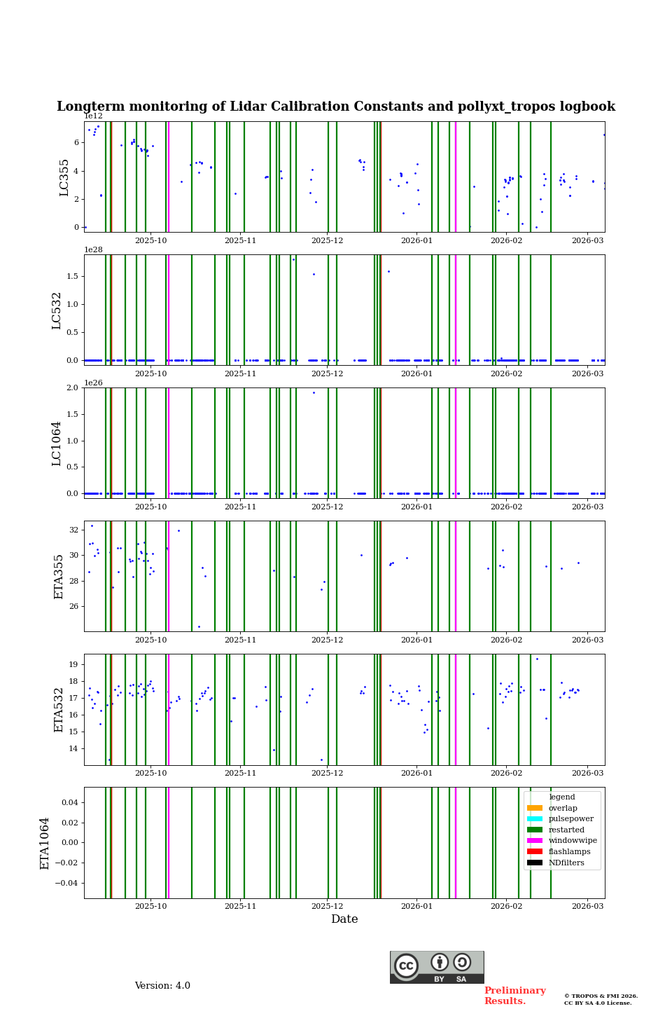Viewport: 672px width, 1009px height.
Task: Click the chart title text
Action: tap(336, 107)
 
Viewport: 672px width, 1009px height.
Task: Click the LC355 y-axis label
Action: tap(64, 177)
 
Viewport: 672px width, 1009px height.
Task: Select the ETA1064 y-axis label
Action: tap(45, 843)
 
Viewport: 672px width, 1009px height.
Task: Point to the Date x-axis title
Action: tap(344, 919)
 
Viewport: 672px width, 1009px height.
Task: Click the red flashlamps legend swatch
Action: tap(535, 852)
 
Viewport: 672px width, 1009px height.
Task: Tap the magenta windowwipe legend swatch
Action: tap(535, 841)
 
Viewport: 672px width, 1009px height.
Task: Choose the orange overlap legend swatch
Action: tap(535, 809)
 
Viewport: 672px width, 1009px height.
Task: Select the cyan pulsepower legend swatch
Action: tap(535, 819)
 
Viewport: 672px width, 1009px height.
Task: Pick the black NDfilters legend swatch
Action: tap(535, 863)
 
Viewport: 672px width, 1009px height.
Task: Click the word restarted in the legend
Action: tap(566, 830)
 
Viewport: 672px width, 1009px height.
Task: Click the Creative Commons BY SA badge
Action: tap(437, 967)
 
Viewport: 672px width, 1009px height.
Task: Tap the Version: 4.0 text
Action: tap(162, 986)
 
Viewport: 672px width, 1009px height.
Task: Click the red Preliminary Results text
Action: tap(514, 996)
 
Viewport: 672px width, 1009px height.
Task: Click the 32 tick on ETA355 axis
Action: tap(74, 530)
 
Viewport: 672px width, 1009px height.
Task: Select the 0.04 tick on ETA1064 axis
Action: tap(69, 802)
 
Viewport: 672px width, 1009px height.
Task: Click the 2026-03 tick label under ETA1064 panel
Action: tap(587, 906)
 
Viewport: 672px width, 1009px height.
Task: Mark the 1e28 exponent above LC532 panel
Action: tap(94, 249)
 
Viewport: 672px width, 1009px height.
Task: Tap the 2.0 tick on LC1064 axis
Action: tap(73, 388)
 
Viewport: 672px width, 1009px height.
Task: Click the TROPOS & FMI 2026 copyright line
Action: tap(601, 996)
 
